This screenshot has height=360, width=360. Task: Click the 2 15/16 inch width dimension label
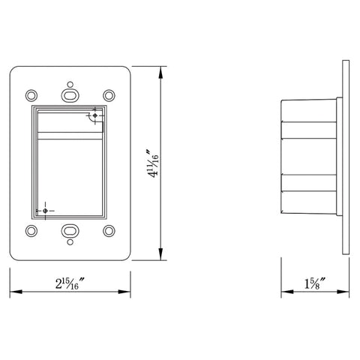tap(69, 283)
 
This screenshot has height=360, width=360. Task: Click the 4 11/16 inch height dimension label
tap(153, 163)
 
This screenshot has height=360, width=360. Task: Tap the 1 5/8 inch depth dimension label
tap(315, 283)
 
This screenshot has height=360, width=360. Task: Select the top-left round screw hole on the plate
tap(31, 95)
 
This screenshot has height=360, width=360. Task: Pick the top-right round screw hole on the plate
tap(109, 95)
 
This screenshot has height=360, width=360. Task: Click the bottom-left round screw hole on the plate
tap(31, 231)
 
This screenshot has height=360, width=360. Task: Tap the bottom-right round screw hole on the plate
tap(109, 231)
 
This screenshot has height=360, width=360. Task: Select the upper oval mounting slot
tap(70, 95)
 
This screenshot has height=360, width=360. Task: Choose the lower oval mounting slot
tap(70, 231)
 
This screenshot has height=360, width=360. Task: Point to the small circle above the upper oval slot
tap(70, 84)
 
